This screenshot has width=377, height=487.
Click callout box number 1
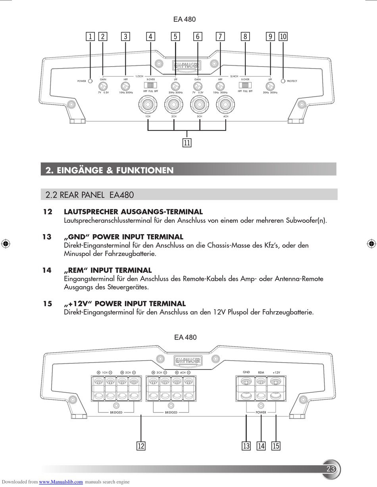[x=90, y=36]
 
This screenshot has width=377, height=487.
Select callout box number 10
[x=283, y=36]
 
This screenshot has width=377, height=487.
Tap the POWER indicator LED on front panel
[x=90, y=81]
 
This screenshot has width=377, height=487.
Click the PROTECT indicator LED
[x=283, y=81]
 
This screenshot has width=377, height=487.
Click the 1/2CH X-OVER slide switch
[x=150, y=85]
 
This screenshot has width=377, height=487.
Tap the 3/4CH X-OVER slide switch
[x=245, y=85]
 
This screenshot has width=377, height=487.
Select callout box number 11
[x=187, y=143]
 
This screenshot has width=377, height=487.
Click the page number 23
[x=331, y=469]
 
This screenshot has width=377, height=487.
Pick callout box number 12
[x=141, y=446]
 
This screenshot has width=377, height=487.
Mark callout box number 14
[x=261, y=446]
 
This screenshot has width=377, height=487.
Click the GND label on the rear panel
[x=246, y=372]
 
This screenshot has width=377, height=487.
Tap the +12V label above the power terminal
[x=276, y=372]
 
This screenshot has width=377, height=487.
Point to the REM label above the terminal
[x=261, y=372]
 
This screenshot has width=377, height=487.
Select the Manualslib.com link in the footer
[x=61, y=482]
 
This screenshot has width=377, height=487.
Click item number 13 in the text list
[x=47, y=237]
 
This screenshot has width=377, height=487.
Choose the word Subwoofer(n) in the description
[x=306, y=220]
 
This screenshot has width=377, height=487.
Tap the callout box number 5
[x=175, y=36]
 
